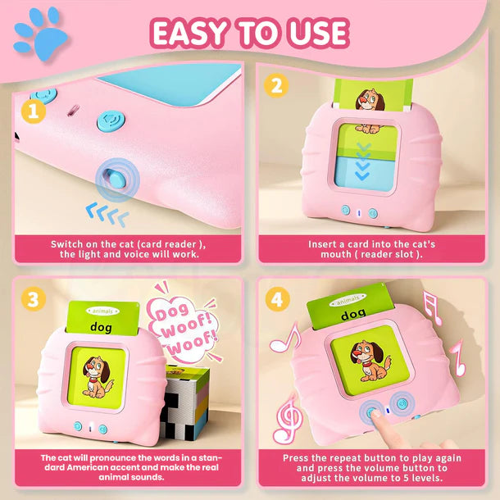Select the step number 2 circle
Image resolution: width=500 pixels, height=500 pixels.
(276, 84)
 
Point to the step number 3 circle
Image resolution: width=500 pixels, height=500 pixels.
(33, 299)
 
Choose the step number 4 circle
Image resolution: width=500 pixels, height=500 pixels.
(276, 299)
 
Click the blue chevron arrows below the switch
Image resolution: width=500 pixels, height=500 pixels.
(107, 216)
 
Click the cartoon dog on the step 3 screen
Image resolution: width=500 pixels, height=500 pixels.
(98, 371)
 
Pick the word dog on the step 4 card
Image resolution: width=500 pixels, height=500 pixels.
(353, 313)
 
